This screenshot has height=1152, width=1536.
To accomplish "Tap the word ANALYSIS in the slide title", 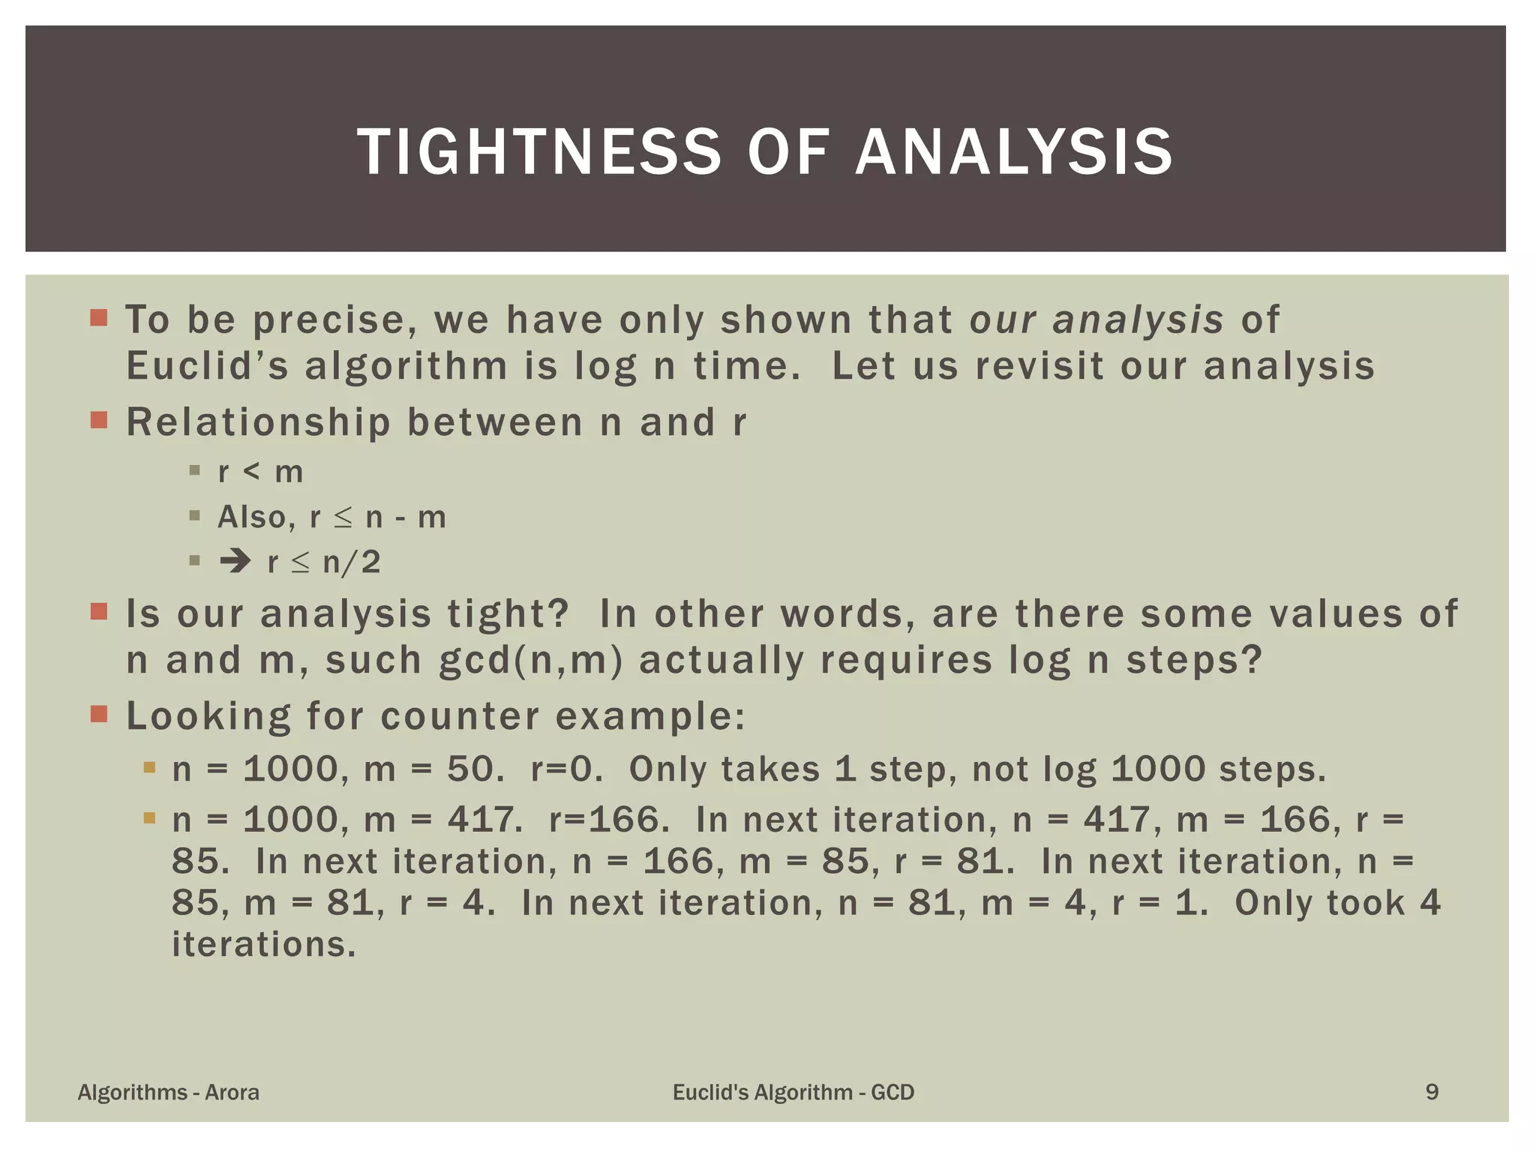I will (x=1014, y=152).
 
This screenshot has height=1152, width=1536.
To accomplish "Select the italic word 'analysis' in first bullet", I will (x=1138, y=320).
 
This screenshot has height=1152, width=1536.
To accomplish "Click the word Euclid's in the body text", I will (x=207, y=367).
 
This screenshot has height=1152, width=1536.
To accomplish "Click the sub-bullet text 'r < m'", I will (x=260, y=472).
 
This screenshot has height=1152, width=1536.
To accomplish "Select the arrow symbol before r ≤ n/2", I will (x=235, y=562).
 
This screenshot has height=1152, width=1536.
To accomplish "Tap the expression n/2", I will (x=352, y=562).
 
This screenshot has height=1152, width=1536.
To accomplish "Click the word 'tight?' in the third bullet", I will (x=508, y=614).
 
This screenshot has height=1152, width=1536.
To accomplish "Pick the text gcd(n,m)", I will (x=530, y=661).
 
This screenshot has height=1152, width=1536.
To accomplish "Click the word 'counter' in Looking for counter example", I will (x=460, y=716).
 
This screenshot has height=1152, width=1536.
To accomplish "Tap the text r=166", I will (x=608, y=820).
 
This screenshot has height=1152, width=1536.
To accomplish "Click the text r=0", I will (x=566, y=769).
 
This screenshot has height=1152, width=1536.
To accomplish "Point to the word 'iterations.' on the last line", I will (x=263, y=944).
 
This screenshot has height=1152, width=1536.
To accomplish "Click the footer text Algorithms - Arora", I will (x=169, y=1092).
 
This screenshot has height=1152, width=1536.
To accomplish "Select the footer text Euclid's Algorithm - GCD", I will (x=793, y=1092).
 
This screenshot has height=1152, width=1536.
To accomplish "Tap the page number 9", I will (x=1432, y=1092).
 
